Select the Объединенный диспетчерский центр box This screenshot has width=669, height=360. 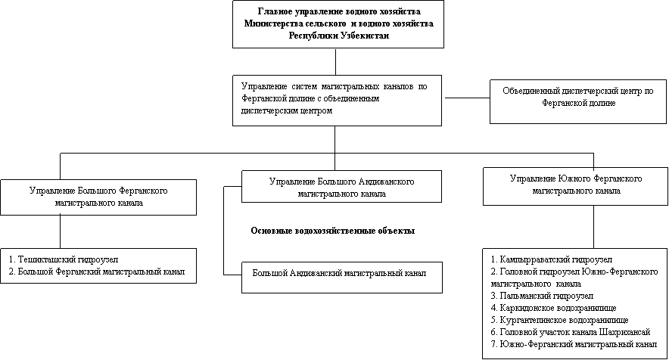point(578,101)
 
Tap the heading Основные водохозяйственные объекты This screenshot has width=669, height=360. point(333,231)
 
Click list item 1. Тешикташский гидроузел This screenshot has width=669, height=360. point(64,259)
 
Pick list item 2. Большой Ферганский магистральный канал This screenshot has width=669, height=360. point(97,272)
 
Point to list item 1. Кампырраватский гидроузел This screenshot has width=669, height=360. point(552,259)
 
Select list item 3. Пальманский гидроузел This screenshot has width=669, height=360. point(542,296)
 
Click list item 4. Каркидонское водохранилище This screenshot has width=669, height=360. point(553,308)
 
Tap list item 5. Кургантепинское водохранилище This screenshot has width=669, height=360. point(559,320)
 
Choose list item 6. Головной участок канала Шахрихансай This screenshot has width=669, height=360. point(571,332)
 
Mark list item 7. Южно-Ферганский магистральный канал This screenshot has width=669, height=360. point(574,344)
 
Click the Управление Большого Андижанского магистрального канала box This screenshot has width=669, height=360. point(341,186)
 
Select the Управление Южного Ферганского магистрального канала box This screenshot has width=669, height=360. point(576,186)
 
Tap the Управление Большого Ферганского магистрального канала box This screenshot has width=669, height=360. point(98,197)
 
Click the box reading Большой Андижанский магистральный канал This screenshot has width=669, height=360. point(342,278)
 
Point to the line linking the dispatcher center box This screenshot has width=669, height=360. point(465,98)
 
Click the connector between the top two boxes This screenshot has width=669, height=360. point(335,62)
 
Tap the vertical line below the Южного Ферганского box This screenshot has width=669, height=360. point(593,226)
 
